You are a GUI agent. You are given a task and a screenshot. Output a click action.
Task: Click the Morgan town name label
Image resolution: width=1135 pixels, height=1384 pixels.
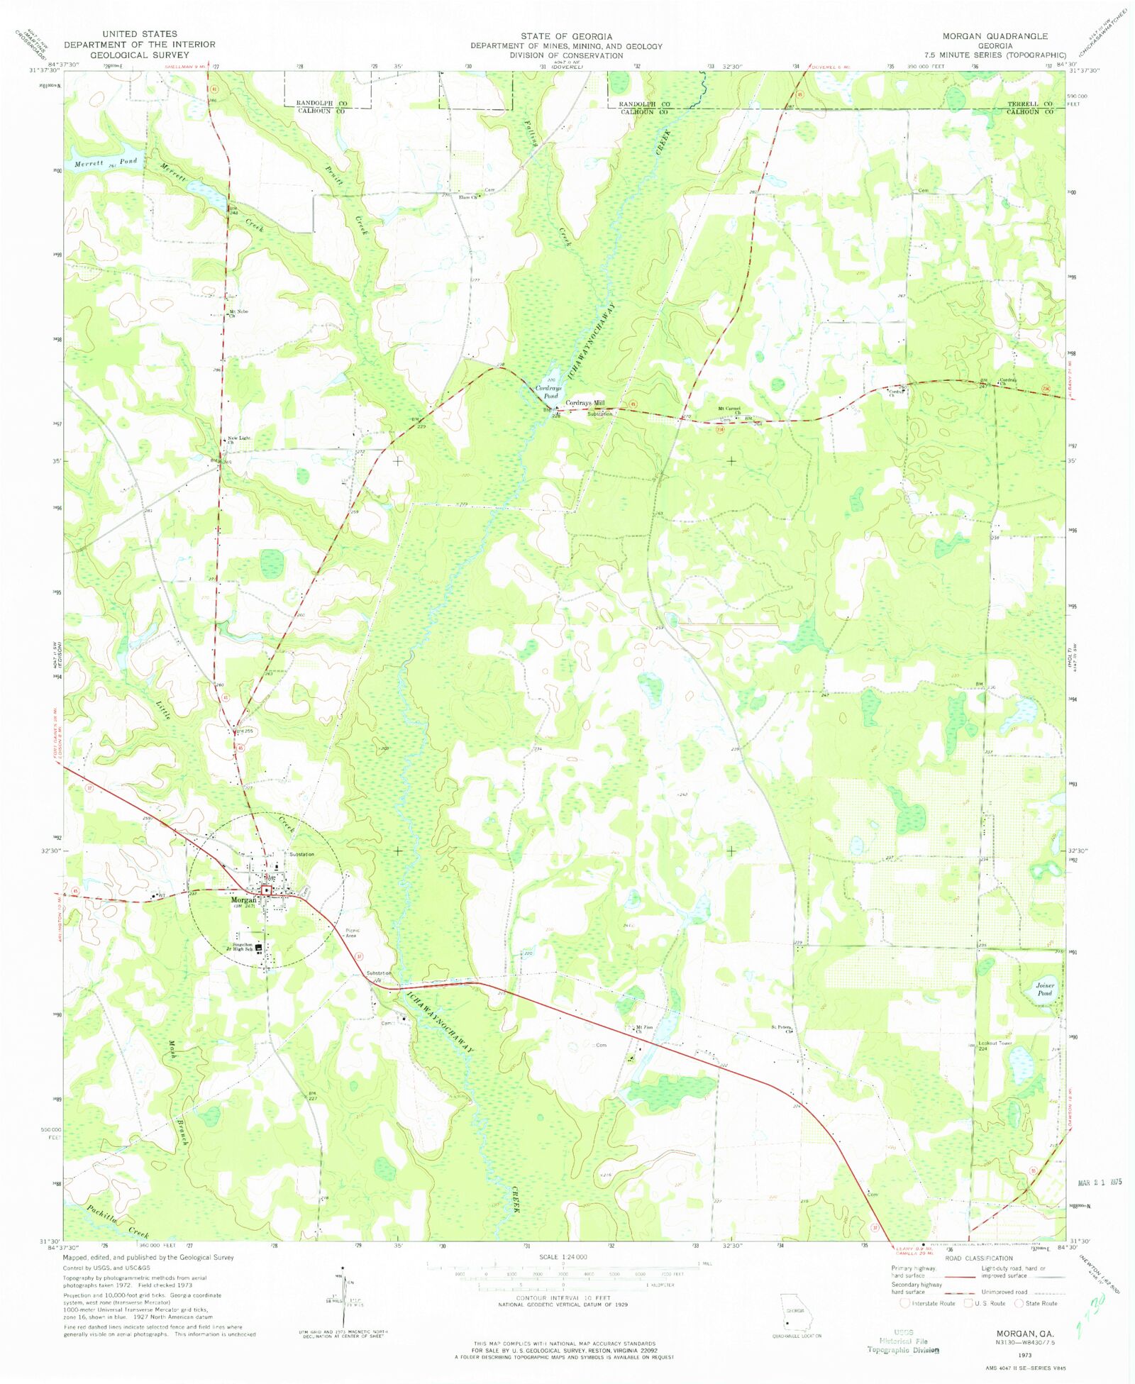point(243,899)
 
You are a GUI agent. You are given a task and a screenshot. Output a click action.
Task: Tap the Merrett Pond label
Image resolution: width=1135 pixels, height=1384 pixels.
point(106,163)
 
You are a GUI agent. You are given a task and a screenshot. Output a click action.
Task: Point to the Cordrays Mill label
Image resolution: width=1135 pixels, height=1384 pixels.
point(585,402)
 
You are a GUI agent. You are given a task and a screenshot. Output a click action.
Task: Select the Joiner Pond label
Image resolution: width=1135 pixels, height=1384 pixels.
point(1045,989)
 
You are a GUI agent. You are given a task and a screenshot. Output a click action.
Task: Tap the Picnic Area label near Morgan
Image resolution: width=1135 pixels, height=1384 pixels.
point(352,933)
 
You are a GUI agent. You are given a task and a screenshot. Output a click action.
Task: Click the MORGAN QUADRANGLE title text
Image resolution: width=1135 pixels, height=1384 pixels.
point(995,35)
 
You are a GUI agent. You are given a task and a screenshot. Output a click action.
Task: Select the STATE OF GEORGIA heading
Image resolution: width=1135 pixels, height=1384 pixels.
point(566,35)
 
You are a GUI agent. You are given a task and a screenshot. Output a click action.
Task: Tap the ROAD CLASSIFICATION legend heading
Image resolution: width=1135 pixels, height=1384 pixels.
point(979,1258)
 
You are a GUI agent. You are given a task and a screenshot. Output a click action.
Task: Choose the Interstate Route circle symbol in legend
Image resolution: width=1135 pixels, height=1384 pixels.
point(904,1303)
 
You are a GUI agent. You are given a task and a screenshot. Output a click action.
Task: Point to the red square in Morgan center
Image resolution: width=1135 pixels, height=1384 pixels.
point(267,890)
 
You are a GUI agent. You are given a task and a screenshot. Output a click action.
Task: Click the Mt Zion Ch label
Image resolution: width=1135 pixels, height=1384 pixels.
point(644,1028)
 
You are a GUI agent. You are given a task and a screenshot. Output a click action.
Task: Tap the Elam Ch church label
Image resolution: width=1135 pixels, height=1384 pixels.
point(468,197)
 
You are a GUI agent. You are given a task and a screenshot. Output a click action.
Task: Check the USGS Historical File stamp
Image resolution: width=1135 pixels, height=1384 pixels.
point(903,1341)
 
